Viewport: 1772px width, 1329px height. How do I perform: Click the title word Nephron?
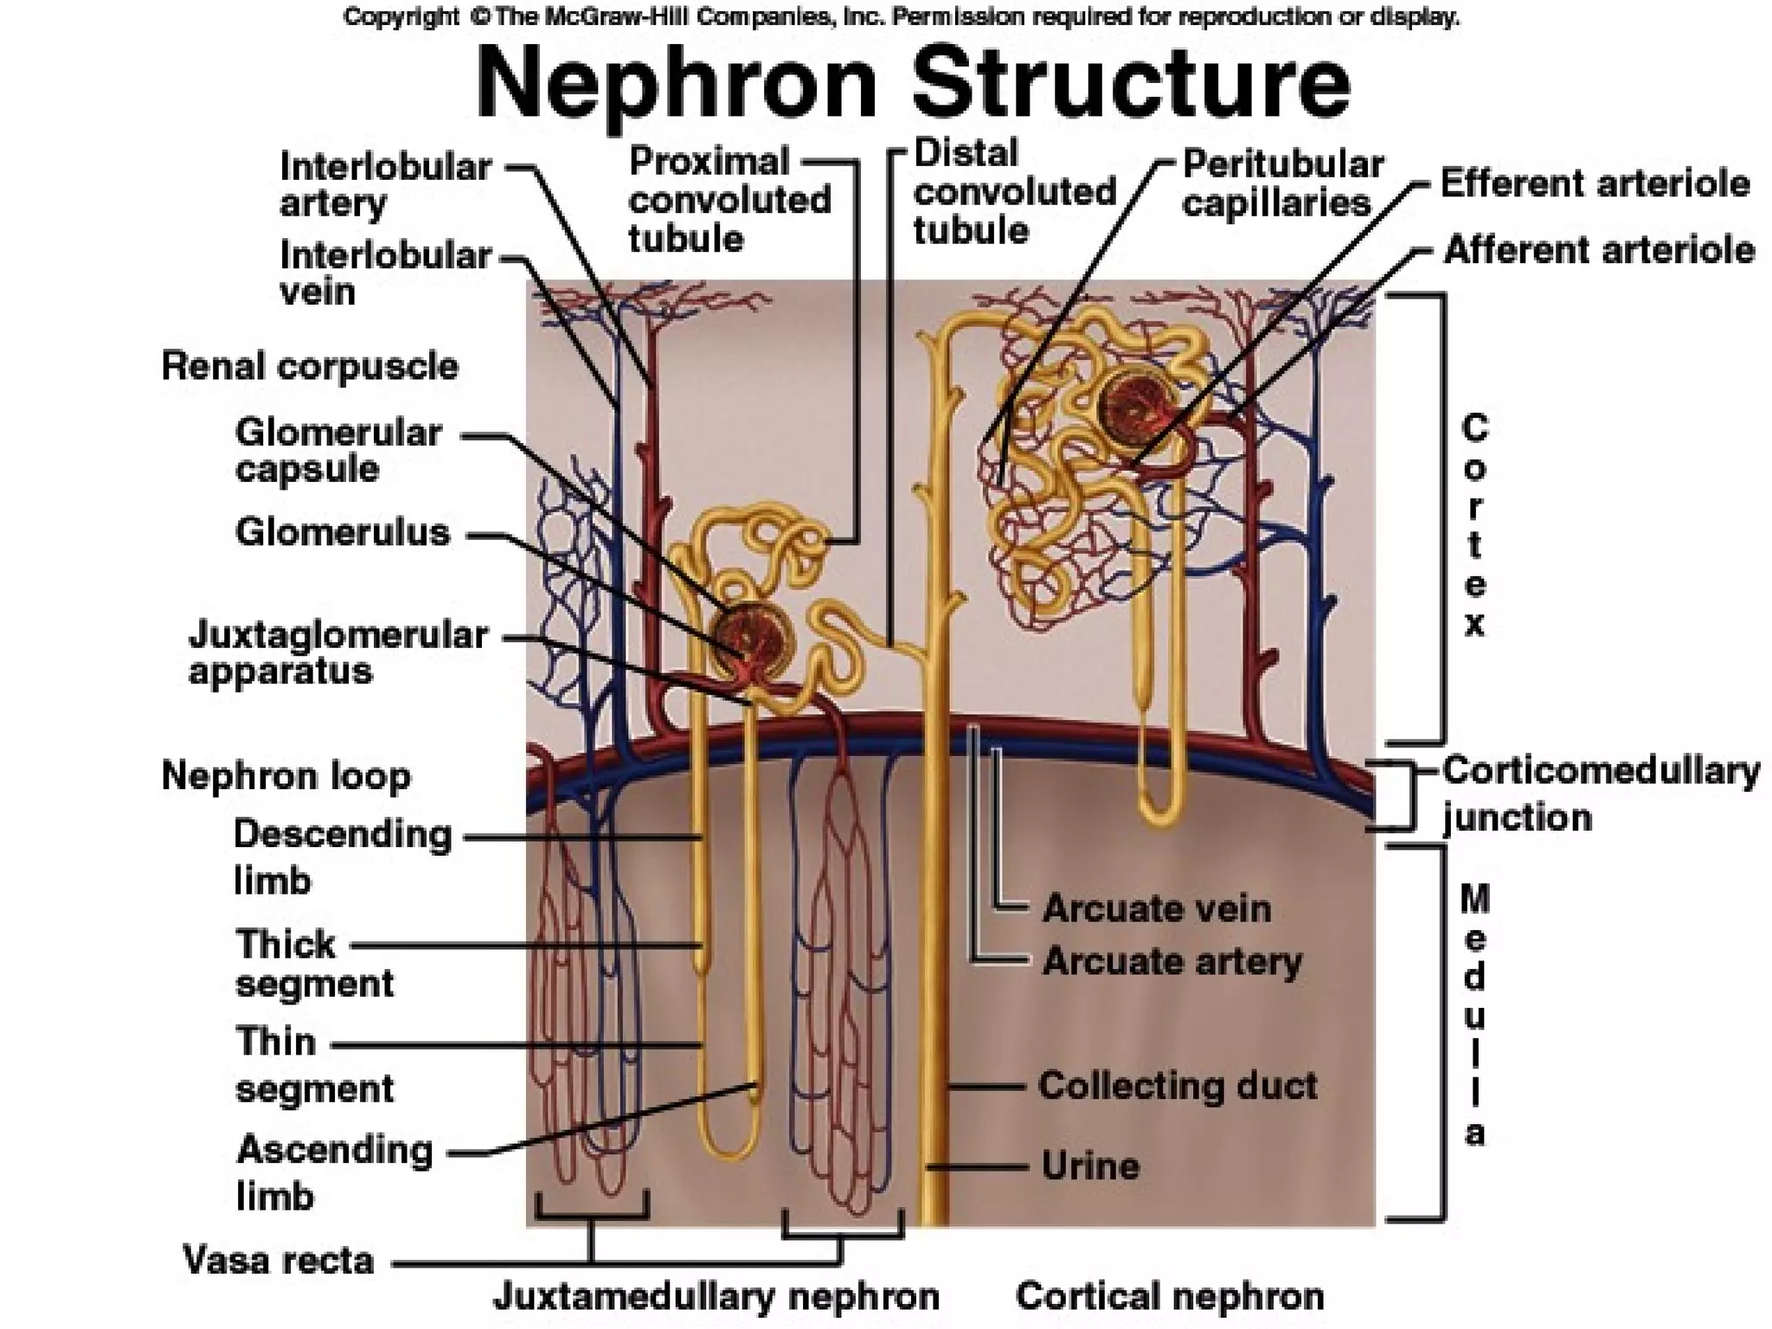(676, 84)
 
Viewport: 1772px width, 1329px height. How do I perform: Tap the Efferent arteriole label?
(1595, 184)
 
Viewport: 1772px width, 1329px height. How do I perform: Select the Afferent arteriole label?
(1598, 251)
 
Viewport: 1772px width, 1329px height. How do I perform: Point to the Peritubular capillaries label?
(1281, 184)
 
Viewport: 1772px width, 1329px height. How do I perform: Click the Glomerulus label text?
(343, 533)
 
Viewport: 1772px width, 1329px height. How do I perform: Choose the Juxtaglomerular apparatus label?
(337, 653)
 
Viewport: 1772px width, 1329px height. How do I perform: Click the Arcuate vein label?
(1156, 908)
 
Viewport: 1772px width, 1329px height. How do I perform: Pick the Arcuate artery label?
(1172, 962)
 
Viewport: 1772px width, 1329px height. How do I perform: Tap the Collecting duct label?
(1178, 1086)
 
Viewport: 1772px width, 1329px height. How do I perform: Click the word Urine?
(1090, 1166)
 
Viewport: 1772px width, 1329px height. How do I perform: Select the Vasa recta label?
(279, 1261)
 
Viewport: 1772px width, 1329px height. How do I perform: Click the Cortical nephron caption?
(1170, 1297)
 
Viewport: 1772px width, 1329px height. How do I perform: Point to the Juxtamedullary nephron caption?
(716, 1297)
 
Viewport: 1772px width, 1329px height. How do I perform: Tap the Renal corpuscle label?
(310, 367)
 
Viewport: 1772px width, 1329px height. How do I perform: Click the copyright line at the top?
(901, 16)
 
